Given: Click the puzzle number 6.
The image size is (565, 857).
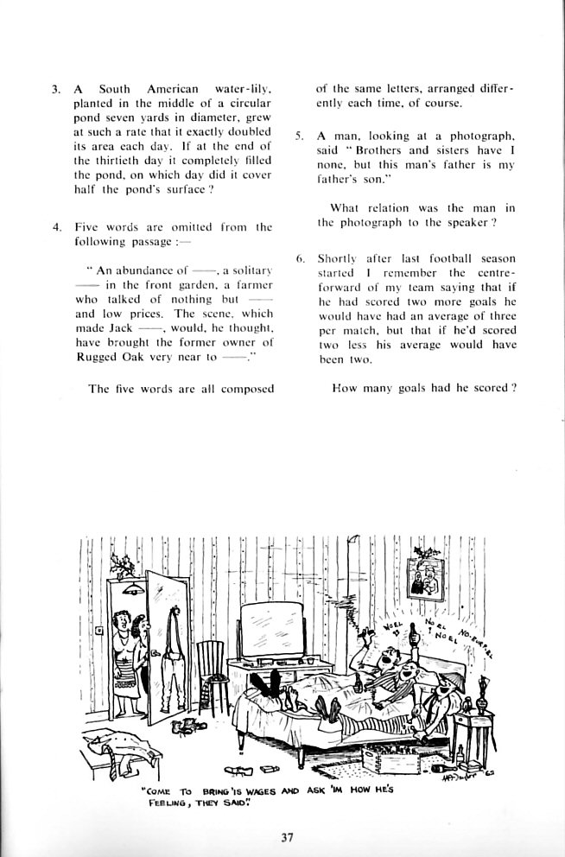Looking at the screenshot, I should pos(299,258).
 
